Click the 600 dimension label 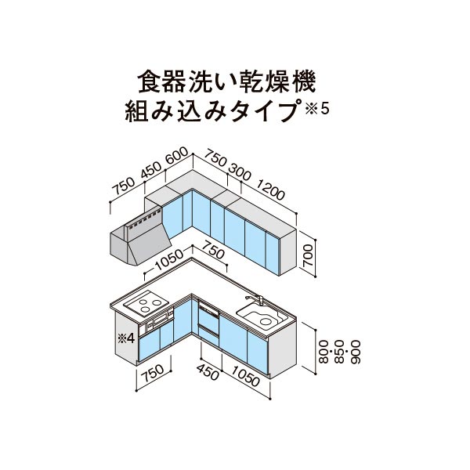point(176,156)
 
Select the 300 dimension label point(239,172)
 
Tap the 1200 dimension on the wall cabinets point(270,190)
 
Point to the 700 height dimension point(308,255)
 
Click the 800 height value point(324,351)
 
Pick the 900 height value point(355,351)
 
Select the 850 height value point(340,351)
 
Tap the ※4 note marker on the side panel point(126,338)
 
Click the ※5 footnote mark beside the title point(317,110)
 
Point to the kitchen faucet point(255,299)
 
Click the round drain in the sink point(266,322)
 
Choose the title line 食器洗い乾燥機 point(226,81)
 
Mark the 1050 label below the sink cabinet point(245,377)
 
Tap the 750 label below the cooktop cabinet point(154,374)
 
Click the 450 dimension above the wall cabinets point(151,171)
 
